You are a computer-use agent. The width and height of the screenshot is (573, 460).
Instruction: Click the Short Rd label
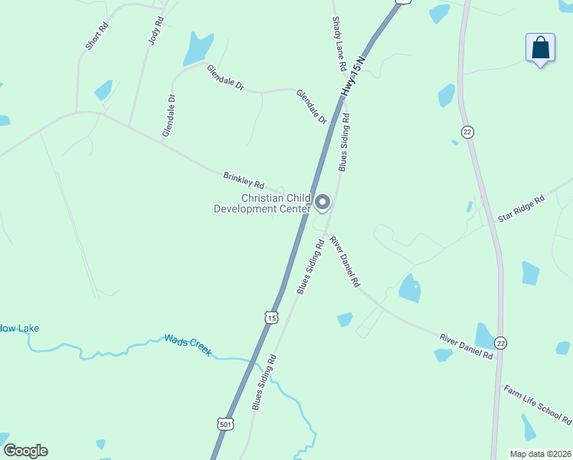tap(97, 36)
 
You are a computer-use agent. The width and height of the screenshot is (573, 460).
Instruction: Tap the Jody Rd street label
tap(156, 29)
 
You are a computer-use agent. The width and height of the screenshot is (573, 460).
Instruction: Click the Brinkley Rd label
tap(243, 180)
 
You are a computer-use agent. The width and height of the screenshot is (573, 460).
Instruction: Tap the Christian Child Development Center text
tap(262, 203)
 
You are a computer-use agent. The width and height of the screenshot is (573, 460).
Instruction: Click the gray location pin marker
tap(323, 202)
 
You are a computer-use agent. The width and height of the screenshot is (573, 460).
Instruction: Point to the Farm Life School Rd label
tap(538, 405)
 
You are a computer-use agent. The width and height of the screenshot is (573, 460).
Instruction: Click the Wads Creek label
tap(188, 344)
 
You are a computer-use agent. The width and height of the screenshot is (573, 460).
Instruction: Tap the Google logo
tap(25, 451)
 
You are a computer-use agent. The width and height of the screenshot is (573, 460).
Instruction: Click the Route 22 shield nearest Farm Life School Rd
tap(500, 342)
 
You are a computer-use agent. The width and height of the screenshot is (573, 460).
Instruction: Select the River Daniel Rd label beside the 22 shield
tap(466, 347)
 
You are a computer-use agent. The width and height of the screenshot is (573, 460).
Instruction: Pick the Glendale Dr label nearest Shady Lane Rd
tap(311, 107)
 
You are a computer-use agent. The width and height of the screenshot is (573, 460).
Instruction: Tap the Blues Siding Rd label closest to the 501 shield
tap(263, 382)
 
